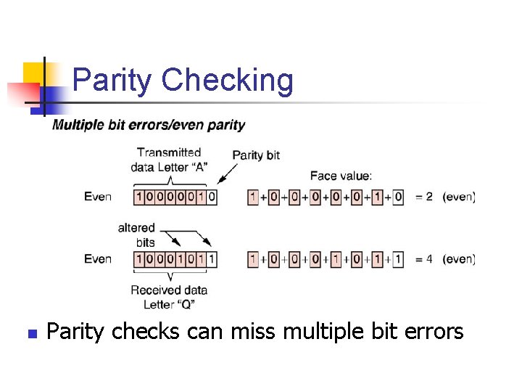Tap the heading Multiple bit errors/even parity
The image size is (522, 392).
point(149,125)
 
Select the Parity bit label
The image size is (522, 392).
point(256,155)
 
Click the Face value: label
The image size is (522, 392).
point(341,175)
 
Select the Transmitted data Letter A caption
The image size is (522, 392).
point(169,159)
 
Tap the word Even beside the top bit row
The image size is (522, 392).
point(98,197)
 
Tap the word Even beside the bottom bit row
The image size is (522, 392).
point(98,259)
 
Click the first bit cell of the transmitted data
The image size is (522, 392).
point(140,197)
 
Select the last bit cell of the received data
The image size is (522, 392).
point(211,259)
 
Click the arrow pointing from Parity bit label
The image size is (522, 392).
point(227,173)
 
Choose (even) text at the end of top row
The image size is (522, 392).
point(459,197)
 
